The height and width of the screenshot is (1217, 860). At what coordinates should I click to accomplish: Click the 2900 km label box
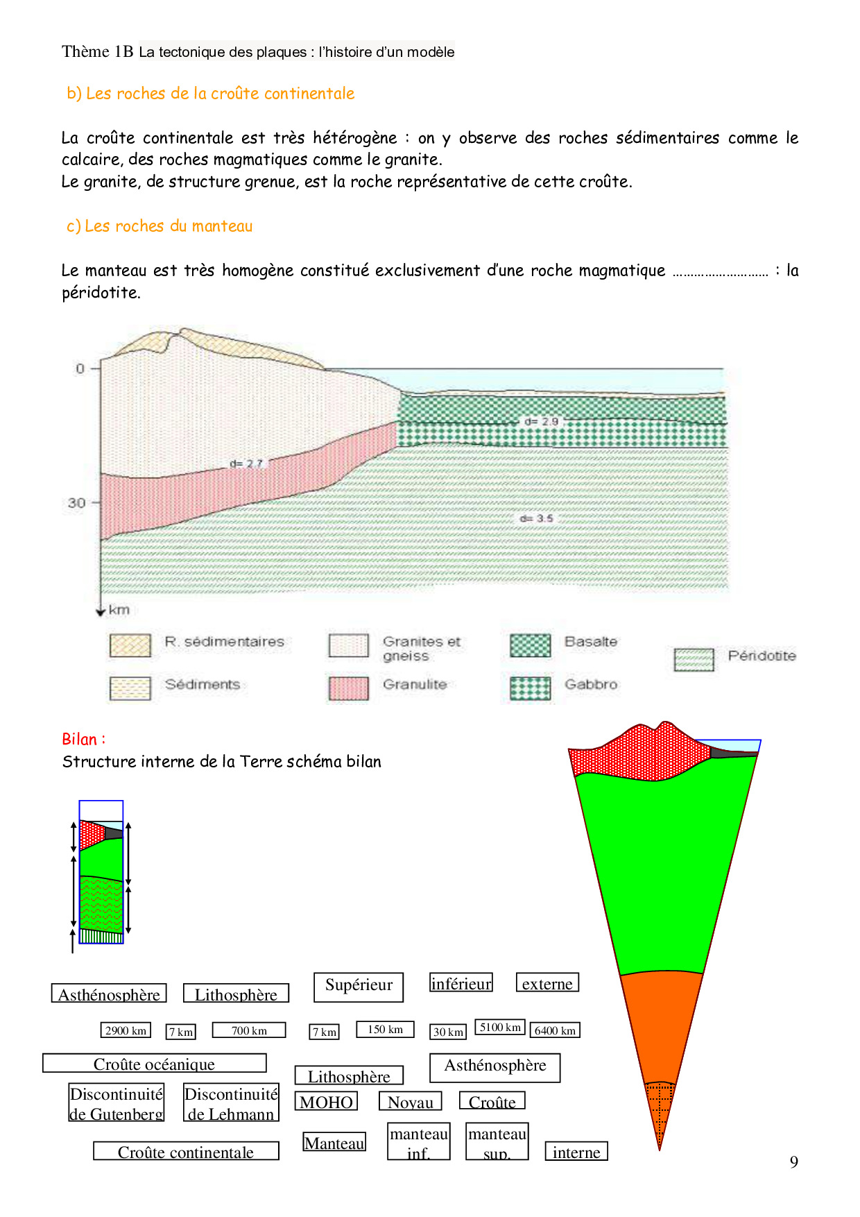(x=126, y=1030)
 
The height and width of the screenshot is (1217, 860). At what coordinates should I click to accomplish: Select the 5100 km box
(x=500, y=1027)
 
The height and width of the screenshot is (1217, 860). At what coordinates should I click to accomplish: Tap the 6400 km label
(x=555, y=1030)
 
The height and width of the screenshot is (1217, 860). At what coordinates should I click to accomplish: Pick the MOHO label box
(x=326, y=1102)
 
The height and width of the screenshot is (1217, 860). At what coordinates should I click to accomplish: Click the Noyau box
(x=411, y=1102)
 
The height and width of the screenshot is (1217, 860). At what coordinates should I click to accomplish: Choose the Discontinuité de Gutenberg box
(x=117, y=1103)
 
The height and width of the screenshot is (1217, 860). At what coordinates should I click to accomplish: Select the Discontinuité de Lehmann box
(x=231, y=1103)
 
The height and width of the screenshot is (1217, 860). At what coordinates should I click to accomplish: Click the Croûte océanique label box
(x=155, y=1064)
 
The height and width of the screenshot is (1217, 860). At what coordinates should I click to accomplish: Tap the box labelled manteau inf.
(x=419, y=1142)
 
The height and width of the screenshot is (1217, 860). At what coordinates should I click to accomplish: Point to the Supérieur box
(x=359, y=987)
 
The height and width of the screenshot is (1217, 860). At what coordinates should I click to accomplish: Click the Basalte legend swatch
(x=531, y=645)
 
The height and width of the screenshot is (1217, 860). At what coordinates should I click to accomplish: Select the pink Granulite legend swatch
(x=349, y=688)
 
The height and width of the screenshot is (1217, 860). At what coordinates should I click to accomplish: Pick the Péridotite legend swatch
(x=694, y=660)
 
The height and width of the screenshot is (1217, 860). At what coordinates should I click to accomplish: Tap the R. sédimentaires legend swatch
(x=130, y=645)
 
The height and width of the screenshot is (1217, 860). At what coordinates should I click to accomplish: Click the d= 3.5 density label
(x=537, y=518)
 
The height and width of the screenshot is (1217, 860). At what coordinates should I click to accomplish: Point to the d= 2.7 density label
(x=246, y=463)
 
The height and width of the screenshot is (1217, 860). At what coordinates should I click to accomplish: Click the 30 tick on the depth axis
(x=77, y=502)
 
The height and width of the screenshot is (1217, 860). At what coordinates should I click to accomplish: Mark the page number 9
(x=794, y=1162)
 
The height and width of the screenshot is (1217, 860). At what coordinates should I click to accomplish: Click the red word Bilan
(x=80, y=739)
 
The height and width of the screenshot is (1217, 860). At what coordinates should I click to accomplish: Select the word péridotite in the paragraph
(x=101, y=293)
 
